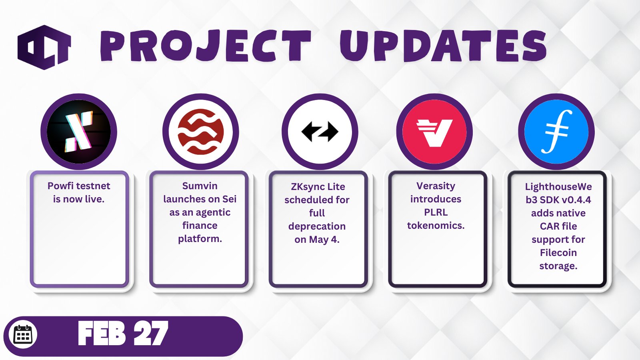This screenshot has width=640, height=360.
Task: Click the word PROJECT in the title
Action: (205, 46)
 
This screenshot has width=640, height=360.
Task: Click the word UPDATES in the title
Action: (443, 45)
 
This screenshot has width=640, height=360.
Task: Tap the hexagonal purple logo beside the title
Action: (44, 47)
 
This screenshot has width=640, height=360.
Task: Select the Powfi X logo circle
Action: (79, 132)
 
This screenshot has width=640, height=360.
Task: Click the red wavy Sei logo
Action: (200, 132)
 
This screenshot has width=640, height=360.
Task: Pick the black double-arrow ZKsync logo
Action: (320, 132)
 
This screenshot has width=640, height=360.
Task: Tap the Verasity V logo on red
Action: (434, 132)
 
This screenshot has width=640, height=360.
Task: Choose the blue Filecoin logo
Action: (556, 132)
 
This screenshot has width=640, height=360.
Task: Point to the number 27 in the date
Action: (151, 333)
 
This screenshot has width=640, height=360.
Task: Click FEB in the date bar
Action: (102, 333)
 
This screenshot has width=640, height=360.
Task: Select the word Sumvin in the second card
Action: (200, 186)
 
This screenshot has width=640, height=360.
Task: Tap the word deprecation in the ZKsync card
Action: (317, 226)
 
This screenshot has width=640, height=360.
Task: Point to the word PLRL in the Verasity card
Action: (436, 212)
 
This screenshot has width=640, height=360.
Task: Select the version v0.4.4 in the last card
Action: (576, 200)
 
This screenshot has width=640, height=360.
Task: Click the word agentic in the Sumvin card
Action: (213, 212)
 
